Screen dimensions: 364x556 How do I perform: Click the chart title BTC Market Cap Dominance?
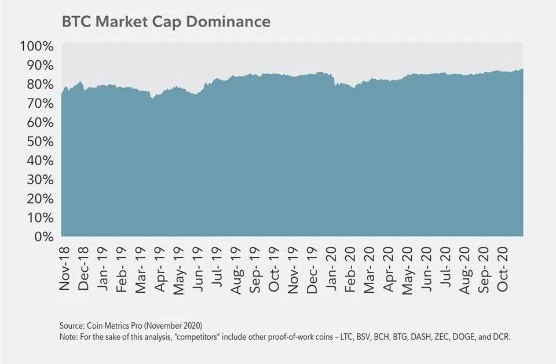tap(166, 21)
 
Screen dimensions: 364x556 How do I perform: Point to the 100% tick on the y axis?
tap(38, 46)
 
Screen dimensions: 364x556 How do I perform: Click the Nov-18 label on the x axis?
tap(64, 268)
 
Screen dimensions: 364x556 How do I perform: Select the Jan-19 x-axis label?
tap(102, 268)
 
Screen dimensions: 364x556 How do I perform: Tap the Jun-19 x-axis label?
tap(197, 268)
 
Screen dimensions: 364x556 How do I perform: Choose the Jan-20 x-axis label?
tap(332, 268)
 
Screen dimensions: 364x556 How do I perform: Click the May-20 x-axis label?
tap(408, 268)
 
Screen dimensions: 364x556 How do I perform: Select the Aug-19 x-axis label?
tap(236, 268)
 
